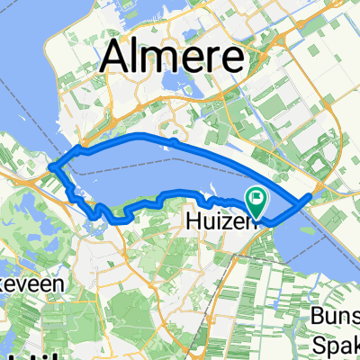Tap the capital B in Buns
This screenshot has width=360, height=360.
318,315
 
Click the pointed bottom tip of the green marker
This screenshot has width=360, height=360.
257,217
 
